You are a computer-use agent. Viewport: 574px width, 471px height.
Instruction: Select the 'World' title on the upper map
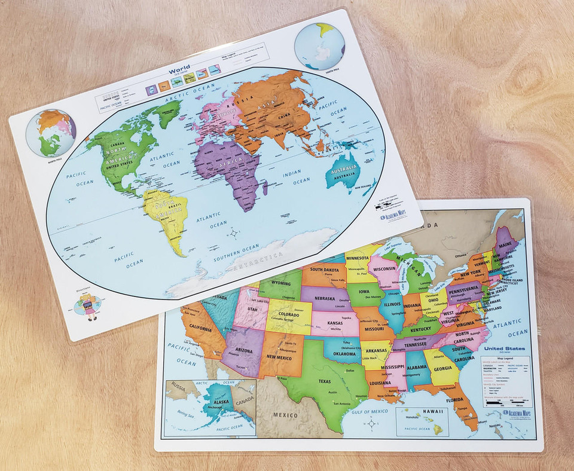click(179, 71)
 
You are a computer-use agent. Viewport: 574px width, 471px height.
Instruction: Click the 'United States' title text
click(505, 348)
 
